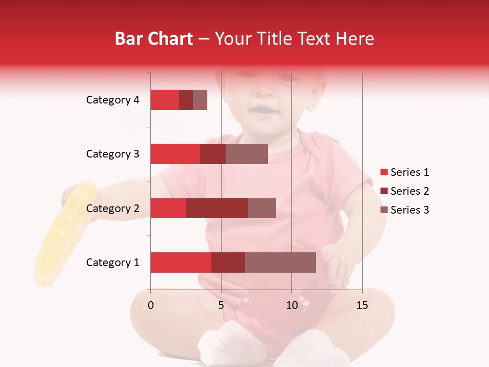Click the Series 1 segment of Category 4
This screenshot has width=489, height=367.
[x=165, y=100]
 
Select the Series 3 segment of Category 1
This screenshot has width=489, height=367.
[x=280, y=263]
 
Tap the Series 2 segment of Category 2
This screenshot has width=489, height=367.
[x=217, y=208]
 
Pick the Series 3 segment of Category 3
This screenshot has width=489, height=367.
[x=247, y=154]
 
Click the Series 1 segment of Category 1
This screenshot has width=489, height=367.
[x=181, y=263]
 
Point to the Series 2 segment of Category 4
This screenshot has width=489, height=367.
[x=186, y=100]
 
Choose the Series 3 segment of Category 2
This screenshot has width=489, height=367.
[x=262, y=208]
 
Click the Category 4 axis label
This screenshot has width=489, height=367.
[x=113, y=100]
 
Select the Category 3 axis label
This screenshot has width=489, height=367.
[x=113, y=154]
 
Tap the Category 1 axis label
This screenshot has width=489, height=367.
[x=113, y=263]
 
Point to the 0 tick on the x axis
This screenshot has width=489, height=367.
[x=150, y=305]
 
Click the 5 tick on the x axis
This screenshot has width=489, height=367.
[x=221, y=305]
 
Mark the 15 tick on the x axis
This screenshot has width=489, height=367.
[x=362, y=305]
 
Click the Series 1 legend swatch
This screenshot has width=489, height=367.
[x=384, y=172]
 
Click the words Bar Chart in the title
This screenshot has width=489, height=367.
[x=154, y=39]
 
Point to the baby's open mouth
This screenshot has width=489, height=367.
[x=264, y=110]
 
